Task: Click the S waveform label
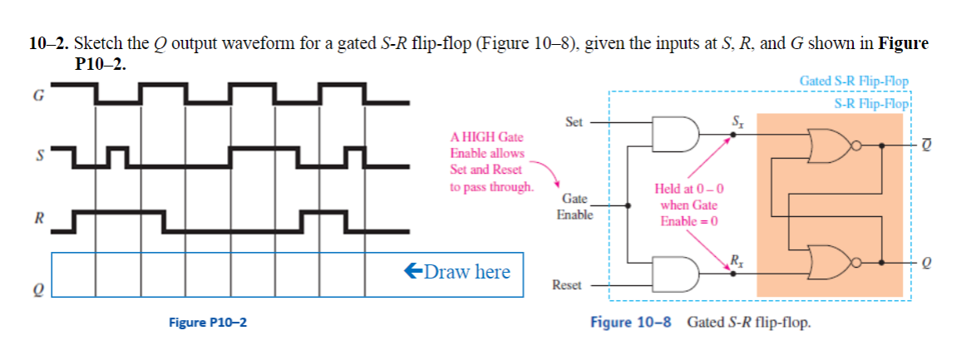pos(37,155)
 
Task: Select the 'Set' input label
pos(574,122)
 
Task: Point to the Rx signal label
pos(736,259)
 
